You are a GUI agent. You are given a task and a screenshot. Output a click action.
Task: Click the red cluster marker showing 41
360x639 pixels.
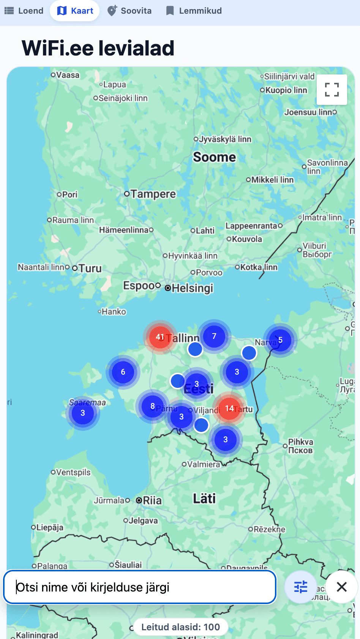click(x=160, y=337)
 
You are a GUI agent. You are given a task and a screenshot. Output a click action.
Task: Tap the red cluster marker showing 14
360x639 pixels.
click(x=229, y=408)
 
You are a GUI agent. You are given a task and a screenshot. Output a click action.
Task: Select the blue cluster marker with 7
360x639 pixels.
click(x=214, y=336)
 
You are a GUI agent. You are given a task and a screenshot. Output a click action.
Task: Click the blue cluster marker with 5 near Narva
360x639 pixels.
click(x=280, y=340)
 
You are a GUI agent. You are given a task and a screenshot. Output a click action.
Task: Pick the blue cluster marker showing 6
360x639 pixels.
click(x=123, y=372)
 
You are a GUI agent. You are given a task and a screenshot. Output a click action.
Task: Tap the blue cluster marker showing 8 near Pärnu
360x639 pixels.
click(x=153, y=406)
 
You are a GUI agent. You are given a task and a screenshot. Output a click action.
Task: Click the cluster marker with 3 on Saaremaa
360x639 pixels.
click(x=83, y=413)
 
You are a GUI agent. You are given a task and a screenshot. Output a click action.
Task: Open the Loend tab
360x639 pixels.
click(x=24, y=11)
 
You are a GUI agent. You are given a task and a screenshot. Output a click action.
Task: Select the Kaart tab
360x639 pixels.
click(x=75, y=11)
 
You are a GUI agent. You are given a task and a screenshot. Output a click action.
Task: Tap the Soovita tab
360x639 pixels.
click(x=129, y=11)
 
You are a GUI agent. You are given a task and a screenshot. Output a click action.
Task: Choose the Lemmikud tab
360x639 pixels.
click(x=194, y=11)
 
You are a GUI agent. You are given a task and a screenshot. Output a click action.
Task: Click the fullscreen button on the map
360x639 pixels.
click(x=332, y=90)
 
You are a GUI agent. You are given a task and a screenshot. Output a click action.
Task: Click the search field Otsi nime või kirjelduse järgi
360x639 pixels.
click(x=140, y=587)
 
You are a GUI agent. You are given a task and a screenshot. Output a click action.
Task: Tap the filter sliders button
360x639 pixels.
click(x=300, y=587)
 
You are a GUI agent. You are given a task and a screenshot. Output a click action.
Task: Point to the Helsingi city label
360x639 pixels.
click(x=192, y=288)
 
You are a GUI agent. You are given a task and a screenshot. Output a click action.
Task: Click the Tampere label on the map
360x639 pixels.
click(x=153, y=194)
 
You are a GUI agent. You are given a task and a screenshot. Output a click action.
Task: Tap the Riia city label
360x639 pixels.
click(x=152, y=500)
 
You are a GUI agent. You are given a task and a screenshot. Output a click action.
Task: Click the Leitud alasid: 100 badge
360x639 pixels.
click(x=180, y=627)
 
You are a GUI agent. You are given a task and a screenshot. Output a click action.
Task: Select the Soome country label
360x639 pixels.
click(x=215, y=157)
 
